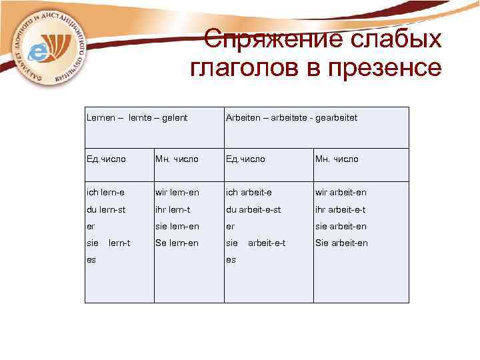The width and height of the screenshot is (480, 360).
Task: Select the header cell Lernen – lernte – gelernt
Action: (x=137, y=117)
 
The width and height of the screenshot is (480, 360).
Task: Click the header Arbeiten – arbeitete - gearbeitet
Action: (x=291, y=117)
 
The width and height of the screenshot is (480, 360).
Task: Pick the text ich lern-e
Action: (x=105, y=193)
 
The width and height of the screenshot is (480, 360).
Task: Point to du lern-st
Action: (x=107, y=209)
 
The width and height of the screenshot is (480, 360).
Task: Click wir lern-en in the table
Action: (x=177, y=193)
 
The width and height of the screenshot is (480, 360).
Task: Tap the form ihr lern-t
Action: (x=173, y=209)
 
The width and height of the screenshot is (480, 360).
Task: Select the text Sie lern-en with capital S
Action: (x=177, y=243)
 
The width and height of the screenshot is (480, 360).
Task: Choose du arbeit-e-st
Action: (x=253, y=209)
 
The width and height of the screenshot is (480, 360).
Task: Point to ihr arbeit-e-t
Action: (x=340, y=209)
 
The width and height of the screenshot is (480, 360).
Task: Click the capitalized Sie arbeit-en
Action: (x=341, y=243)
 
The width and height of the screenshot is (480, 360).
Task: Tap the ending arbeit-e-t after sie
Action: (x=267, y=243)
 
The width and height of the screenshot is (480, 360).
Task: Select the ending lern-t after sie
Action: (x=119, y=243)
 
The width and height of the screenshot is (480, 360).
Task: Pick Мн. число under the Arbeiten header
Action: (x=337, y=159)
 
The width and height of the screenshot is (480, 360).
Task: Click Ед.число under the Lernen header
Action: (x=106, y=159)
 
